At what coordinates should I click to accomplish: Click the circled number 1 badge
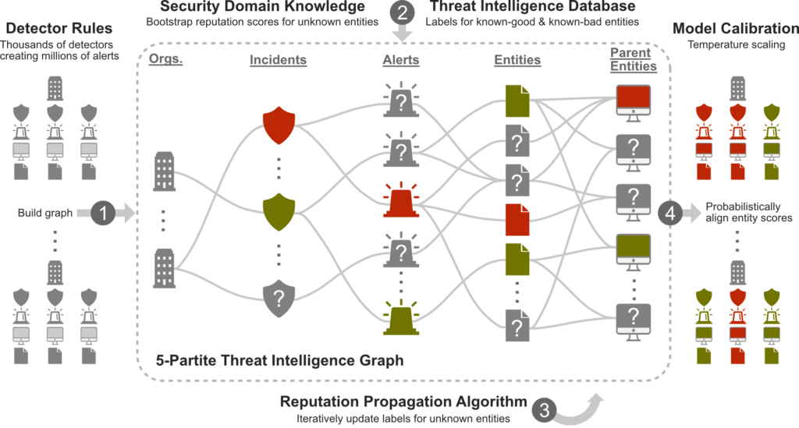(x=104, y=213)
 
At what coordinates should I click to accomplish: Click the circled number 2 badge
(x=403, y=12)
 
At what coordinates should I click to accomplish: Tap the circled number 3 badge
(x=544, y=409)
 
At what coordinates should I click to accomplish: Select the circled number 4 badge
(x=670, y=213)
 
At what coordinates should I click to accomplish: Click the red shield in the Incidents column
(x=279, y=126)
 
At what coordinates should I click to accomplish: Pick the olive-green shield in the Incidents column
(x=279, y=212)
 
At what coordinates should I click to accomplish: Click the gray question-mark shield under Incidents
(x=279, y=299)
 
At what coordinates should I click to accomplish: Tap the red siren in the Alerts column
(x=401, y=200)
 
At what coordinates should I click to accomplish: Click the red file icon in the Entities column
(x=517, y=220)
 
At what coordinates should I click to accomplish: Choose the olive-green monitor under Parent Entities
(x=634, y=253)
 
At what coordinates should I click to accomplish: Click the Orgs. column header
(x=165, y=59)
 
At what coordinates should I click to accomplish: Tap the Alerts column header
(x=401, y=59)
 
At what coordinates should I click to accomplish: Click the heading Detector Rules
(x=59, y=28)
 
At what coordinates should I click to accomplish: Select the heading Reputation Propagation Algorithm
(x=403, y=401)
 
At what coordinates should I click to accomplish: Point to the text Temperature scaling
(x=737, y=44)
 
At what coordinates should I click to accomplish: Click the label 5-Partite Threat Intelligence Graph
(x=280, y=360)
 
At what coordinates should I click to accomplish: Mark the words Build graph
(x=44, y=213)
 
